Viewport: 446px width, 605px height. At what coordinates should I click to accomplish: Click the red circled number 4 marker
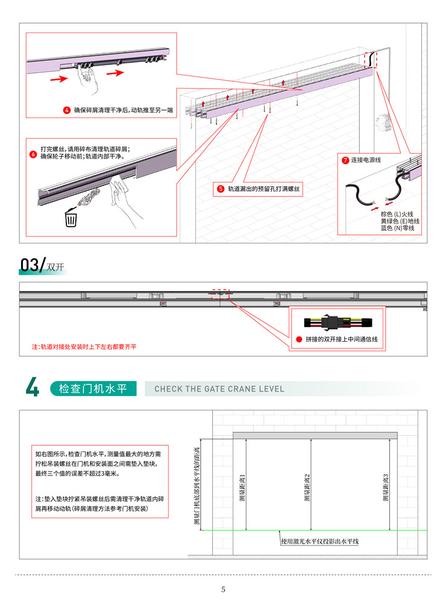67,110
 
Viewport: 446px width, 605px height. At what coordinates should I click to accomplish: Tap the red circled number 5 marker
221,189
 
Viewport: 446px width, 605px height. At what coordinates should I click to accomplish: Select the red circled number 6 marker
33,154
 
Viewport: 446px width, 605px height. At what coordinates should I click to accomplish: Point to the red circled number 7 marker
345,160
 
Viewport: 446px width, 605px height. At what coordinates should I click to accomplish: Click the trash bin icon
71,218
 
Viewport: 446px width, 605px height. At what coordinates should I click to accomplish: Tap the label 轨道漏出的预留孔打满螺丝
263,189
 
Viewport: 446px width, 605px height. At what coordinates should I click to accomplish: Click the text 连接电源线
366,160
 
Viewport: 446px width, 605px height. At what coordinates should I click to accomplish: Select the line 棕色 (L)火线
397,214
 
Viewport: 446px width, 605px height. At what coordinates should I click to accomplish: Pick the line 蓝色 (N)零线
397,228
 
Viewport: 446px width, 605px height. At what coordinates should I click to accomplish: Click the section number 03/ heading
33,265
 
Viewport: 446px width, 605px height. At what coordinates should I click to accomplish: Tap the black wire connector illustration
338,322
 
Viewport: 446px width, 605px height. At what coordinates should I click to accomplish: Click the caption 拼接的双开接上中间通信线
342,339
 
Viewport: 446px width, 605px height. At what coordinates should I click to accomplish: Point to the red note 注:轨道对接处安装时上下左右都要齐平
84,347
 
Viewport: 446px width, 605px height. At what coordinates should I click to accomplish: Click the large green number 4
33,387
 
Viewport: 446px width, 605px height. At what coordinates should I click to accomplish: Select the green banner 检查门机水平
93,389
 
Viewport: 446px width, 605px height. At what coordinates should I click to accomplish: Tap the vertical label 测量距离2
307,488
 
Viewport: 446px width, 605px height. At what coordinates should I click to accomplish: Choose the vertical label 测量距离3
385,488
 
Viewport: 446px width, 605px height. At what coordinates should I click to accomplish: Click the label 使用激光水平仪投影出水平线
320,541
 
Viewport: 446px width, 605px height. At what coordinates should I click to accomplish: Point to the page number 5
223,589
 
